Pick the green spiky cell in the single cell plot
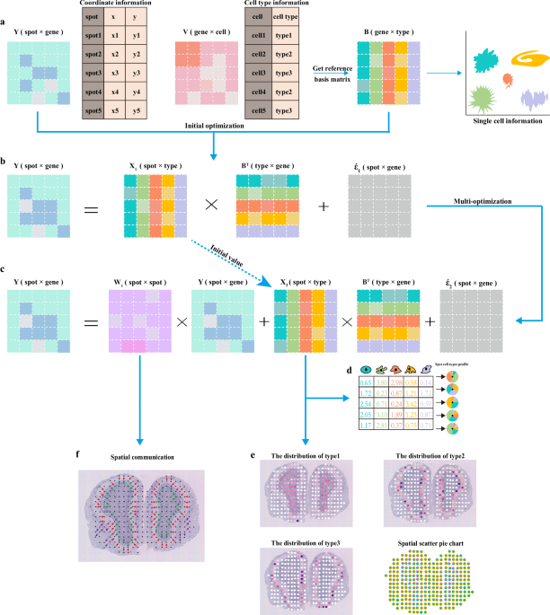point(480,96)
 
